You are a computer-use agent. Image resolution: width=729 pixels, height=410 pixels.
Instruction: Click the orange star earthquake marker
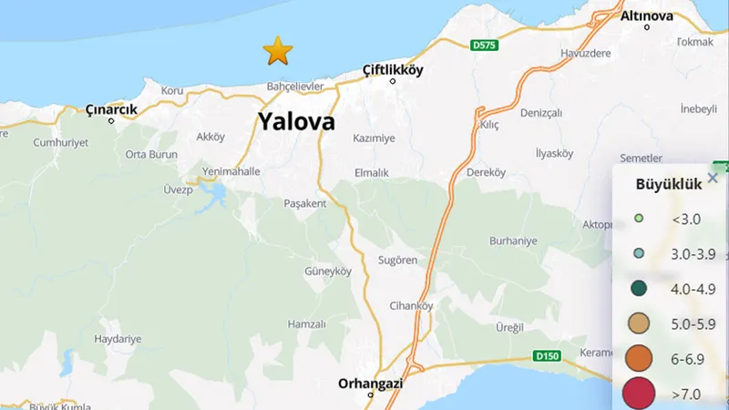[277, 51]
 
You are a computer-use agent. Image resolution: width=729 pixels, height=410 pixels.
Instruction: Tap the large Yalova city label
[296, 122]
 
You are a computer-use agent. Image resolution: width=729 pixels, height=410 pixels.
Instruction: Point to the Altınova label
[647, 15]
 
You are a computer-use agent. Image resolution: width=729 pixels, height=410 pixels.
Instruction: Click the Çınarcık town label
[111, 109]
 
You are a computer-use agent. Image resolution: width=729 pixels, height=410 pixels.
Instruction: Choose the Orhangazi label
[370, 383]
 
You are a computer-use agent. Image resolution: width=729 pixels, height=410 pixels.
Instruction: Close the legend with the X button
[713, 179]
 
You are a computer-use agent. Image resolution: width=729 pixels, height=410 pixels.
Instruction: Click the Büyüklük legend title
[668, 183]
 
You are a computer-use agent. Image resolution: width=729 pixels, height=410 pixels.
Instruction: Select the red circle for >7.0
[640, 394]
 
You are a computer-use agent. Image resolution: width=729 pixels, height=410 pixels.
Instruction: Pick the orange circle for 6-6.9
[640, 358]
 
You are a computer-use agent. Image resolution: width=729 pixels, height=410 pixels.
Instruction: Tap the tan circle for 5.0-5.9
[640, 323]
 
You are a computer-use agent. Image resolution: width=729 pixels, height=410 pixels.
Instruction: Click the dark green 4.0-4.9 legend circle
[640, 289]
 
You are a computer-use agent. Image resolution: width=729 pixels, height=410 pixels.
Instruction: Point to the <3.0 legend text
[686, 219]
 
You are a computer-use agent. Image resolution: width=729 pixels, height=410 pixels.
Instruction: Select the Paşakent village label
[305, 203]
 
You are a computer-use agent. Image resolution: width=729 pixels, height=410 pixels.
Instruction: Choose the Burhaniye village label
[513, 241]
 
